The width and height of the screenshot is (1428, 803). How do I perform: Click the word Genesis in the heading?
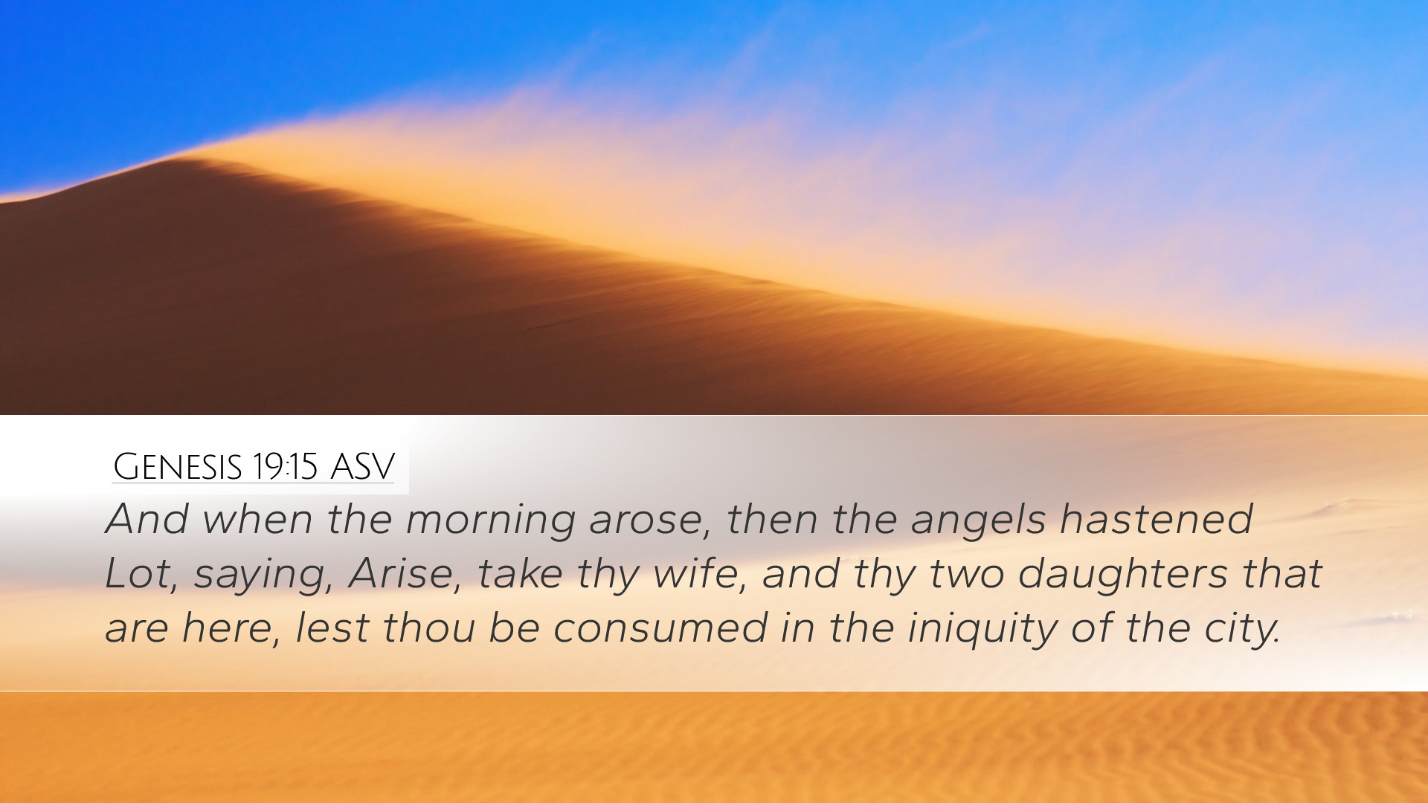pos(178,467)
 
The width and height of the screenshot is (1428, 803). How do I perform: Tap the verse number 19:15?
pos(285,467)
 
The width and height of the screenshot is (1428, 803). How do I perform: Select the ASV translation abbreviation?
pos(362,467)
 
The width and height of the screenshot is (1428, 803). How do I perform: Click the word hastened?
pos(1157,518)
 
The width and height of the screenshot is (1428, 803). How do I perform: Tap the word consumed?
pos(660,628)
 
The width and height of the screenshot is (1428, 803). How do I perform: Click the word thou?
pos(429,628)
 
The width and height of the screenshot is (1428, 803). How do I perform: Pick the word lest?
pos(332,628)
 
